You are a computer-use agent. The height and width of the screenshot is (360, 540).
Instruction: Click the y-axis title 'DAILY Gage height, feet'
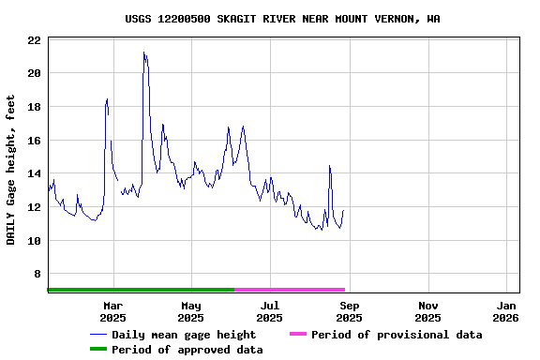point(11,170)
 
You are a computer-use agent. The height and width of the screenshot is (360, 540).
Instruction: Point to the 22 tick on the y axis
point(33,40)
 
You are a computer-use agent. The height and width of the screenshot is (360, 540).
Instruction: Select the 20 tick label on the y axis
point(33,73)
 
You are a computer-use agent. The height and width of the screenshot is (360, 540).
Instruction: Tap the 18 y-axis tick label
point(33,107)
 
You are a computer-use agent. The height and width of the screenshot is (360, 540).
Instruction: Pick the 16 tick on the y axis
point(33,141)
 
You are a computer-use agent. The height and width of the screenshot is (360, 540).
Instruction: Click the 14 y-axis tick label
point(33,173)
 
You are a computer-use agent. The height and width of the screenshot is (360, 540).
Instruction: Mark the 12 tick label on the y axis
point(33,207)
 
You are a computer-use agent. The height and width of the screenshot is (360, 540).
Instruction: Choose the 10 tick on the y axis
point(33,241)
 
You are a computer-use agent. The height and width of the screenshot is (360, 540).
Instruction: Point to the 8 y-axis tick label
point(37,274)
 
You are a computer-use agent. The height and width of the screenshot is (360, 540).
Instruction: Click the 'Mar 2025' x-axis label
point(112,311)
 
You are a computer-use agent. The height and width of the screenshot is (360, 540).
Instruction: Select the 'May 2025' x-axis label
point(191,311)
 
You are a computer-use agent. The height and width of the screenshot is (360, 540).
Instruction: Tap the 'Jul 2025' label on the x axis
point(270,311)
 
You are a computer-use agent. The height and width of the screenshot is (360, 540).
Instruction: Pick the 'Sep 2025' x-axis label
point(349,311)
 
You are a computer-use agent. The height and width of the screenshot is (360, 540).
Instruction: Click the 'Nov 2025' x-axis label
point(427,311)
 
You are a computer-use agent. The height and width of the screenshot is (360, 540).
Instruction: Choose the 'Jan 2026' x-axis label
point(506,311)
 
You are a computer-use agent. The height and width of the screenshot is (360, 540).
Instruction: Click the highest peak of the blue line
point(143,52)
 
